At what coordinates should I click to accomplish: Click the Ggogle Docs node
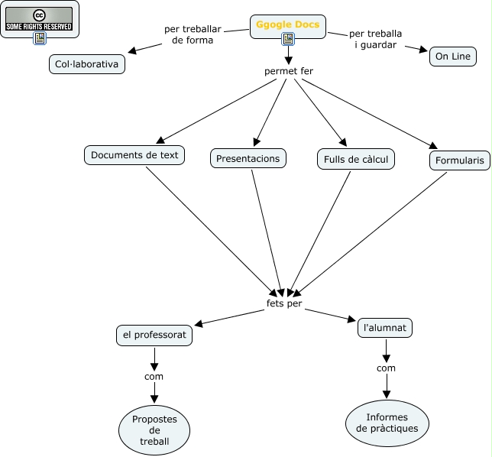click(288, 24)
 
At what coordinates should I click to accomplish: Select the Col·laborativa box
click(86, 65)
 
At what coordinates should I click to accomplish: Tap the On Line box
click(453, 57)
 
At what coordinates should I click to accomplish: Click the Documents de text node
click(134, 155)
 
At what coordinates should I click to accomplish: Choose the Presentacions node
click(248, 158)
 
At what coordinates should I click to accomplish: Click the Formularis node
click(459, 160)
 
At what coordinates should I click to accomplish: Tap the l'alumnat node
click(385, 328)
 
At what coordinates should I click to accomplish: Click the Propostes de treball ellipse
click(154, 430)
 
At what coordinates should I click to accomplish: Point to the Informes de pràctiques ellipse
click(387, 423)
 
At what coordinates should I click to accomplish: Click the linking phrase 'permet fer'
click(289, 72)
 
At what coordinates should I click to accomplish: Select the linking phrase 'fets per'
click(284, 303)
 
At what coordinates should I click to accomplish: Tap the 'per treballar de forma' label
click(193, 34)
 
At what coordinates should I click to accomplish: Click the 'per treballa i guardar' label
click(375, 39)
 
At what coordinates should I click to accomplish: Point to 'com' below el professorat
click(154, 376)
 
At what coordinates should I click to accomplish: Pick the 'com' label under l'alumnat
click(386, 368)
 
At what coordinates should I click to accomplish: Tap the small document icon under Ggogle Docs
click(288, 39)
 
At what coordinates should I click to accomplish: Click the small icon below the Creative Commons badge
click(40, 38)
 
